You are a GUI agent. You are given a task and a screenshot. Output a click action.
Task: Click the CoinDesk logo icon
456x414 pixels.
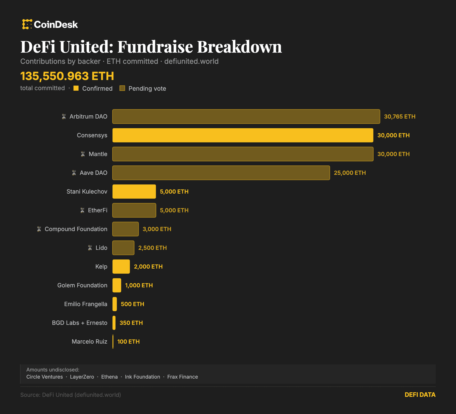coord(27,24)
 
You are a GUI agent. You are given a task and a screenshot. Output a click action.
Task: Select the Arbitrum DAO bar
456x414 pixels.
coord(246,116)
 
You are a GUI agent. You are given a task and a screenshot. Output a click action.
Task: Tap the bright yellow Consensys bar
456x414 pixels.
coord(243,135)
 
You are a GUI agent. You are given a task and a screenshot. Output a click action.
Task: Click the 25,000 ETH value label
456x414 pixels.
coord(350,173)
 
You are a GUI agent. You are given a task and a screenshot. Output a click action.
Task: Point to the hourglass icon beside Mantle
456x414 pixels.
coord(83,154)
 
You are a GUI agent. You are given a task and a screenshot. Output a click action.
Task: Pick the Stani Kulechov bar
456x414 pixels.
coord(134,192)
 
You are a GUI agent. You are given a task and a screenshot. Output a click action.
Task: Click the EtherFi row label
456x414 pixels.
coord(97,210)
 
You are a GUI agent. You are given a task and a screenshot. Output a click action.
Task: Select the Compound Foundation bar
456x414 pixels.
coord(125,229)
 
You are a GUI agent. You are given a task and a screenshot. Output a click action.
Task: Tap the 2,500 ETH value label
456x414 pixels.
coord(152,248)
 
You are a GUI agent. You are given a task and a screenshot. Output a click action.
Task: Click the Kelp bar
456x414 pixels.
coord(121,267)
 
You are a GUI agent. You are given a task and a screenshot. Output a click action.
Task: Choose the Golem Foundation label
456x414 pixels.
coord(82,285)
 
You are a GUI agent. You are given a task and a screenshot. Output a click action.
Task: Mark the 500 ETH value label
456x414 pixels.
coord(133,304)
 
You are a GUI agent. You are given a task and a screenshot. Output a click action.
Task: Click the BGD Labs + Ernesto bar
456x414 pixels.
coord(114,323)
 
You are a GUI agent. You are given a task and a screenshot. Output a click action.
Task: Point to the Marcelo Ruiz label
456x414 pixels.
coord(89,342)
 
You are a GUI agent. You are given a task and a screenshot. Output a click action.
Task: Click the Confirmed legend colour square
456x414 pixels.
coord(76,88)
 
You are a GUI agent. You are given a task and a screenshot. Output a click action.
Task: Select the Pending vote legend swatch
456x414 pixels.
coord(122,88)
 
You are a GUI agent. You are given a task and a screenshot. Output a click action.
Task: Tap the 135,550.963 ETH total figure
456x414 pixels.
coord(67,76)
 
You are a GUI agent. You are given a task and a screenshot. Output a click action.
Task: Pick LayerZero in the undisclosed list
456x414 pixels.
coord(82,377)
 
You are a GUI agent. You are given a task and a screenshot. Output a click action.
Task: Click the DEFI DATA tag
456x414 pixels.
coord(420,395)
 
